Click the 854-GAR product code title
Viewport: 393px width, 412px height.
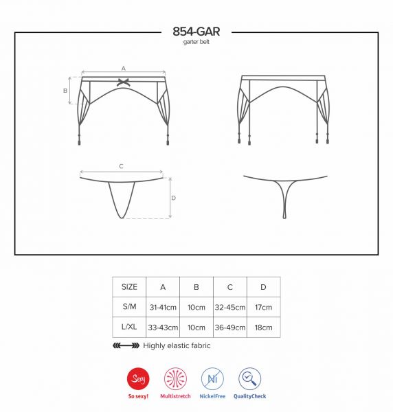196,32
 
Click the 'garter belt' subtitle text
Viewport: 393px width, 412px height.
196,42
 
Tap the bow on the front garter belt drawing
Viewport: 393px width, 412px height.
124,82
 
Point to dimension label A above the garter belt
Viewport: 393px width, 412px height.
123,68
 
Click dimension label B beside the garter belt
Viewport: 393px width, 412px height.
65,91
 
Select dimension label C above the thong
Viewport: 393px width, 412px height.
121,166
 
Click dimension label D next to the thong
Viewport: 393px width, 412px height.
174,198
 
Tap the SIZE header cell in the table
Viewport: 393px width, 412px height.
129,287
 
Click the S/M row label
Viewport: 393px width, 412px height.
129,306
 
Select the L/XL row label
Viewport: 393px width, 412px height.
129,327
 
